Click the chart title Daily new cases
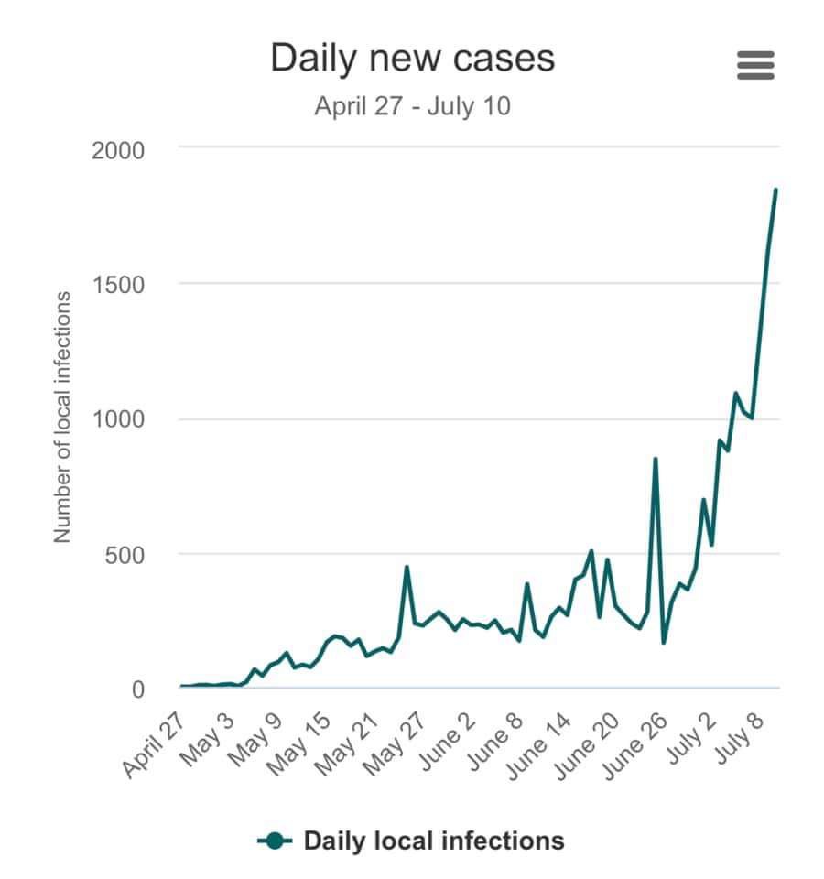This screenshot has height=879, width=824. tap(412, 58)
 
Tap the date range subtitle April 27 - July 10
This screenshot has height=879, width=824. tap(412, 106)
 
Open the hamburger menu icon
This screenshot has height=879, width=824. tap(755, 65)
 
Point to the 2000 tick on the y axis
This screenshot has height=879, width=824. tap(118, 150)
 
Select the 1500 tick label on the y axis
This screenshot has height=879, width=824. tap(118, 285)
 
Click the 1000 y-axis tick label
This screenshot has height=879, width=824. tap(118, 420)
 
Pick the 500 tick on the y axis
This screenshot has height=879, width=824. tap(125, 555)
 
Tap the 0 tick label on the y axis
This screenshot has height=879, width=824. tap(138, 689)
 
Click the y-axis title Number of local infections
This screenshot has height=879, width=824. tap(62, 417)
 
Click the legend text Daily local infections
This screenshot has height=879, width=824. tap(434, 840)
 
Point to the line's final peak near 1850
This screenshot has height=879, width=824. tap(775, 190)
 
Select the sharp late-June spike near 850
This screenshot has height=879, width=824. tap(655, 459)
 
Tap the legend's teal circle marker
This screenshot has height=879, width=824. tap(275, 840)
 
